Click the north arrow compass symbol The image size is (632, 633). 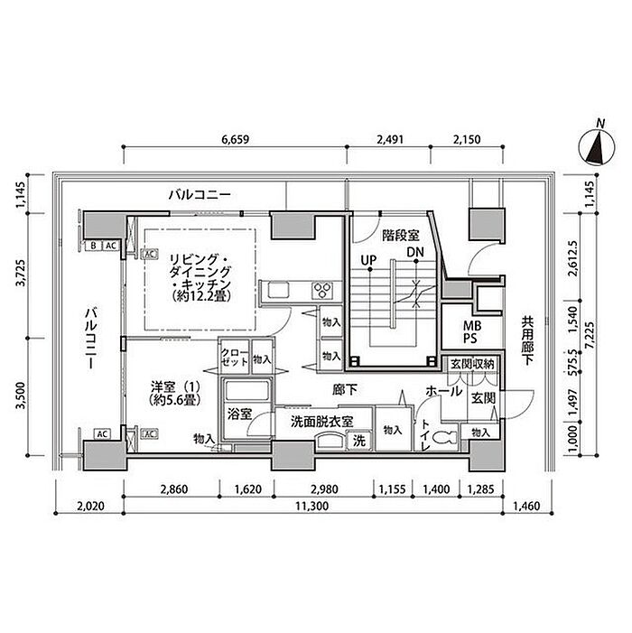[595, 145]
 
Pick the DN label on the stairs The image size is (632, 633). [414, 252]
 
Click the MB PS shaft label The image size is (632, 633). [472, 332]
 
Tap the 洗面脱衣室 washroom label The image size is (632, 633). [321, 422]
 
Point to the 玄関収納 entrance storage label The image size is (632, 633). [472, 364]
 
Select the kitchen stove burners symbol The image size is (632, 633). [322, 290]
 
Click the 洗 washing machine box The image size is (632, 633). [358, 442]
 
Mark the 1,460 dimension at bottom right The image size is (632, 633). [529, 507]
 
